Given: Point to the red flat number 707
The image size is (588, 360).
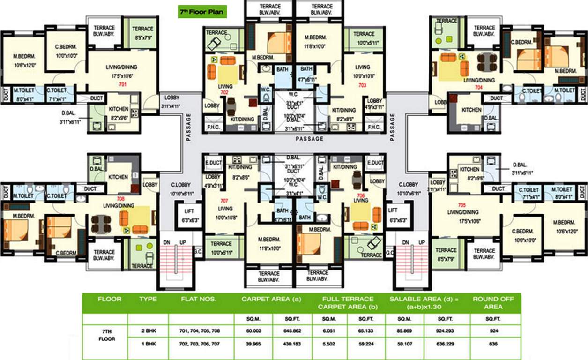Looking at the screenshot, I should click(x=224, y=201).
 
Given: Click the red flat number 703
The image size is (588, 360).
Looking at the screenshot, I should click(x=362, y=85).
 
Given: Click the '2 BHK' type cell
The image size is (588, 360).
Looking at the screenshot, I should click(x=148, y=331).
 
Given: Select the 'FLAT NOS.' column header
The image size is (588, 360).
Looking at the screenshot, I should click(x=199, y=299).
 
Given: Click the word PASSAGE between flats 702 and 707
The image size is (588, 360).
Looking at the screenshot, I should click(x=310, y=139).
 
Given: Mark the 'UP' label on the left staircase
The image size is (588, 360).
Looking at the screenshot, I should click(x=183, y=242).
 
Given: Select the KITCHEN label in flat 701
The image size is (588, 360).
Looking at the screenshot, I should click(x=119, y=109).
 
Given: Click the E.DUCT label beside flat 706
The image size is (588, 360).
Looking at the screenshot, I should click(x=375, y=163).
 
